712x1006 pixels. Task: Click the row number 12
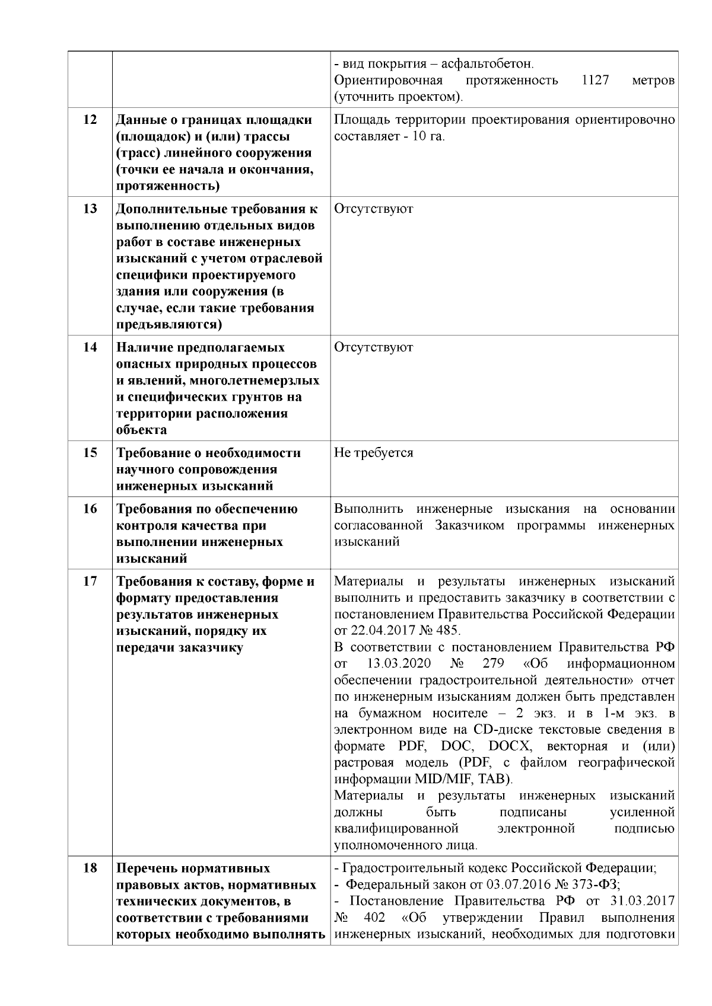[90, 120]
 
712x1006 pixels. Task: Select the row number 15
[90, 453]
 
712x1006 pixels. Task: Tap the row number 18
[90, 868]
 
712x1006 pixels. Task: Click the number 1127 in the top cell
[595, 80]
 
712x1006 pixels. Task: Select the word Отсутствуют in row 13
[373, 209]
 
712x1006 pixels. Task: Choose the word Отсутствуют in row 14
[373, 347]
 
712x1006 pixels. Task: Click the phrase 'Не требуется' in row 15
[373, 453]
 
